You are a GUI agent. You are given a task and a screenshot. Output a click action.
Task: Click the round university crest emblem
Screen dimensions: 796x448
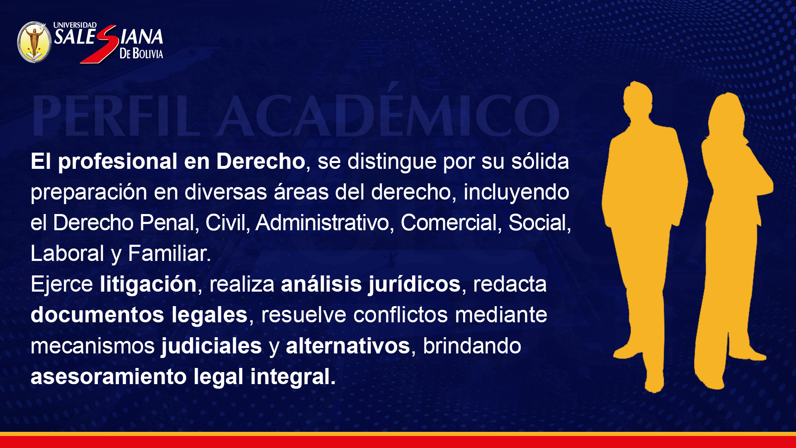(34, 42)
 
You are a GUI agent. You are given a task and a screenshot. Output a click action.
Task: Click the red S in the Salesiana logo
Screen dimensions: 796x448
(99, 44)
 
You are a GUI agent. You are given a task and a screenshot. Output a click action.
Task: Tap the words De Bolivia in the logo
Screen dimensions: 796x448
(141, 53)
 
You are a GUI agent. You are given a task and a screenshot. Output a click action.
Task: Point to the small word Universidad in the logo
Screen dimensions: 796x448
(75, 25)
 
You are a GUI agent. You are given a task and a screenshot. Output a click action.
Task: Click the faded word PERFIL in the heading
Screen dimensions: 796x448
(116, 116)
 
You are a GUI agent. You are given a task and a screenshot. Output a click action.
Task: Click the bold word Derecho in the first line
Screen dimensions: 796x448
(261, 161)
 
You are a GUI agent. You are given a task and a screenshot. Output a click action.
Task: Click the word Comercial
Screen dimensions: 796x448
(449, 223)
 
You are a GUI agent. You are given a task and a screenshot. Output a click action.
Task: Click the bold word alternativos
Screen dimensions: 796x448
(348, 346)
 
